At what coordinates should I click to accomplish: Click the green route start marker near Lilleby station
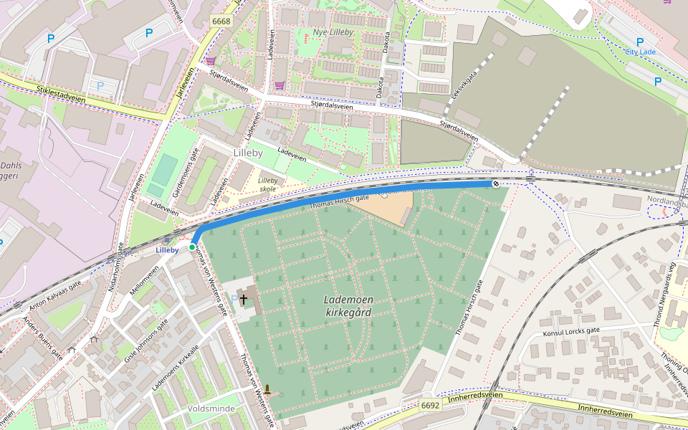[x=192, y=247]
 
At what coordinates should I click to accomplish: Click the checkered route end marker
[x=495, y=184]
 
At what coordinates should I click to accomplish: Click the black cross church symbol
[x=244, y=299]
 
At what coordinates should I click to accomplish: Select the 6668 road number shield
[x=221, y=21]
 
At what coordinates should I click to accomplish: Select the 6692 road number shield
[x=430, y=406]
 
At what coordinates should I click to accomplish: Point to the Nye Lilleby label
[x=333, y=33]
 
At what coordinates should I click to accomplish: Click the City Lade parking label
[x=640, y=52]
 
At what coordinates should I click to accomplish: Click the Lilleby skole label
[x=267, y=185]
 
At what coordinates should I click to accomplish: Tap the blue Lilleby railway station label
[x=167, y=250]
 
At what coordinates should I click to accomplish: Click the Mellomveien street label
[x=144, y=282]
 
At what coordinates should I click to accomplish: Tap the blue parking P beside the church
[x=234, y=298]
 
